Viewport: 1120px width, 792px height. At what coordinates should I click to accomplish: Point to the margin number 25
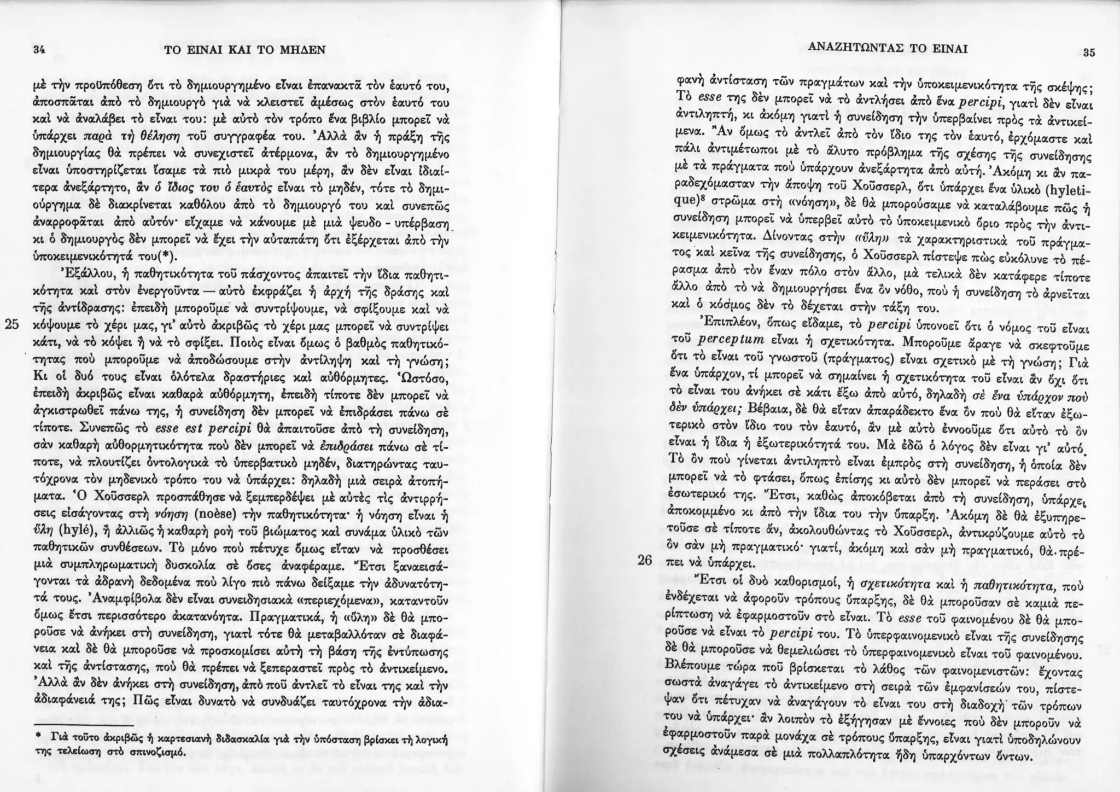point(11,324)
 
